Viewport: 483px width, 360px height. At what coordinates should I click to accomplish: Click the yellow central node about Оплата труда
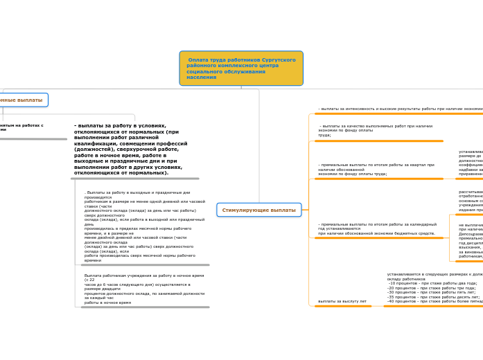(240, 68)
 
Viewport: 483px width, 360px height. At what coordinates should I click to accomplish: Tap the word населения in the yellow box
(201, 78)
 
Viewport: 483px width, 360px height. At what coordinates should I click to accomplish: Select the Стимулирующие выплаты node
(258, 210)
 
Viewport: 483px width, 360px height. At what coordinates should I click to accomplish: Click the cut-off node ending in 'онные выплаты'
(21, 100)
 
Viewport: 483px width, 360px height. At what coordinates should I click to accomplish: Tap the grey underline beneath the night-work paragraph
(144, 307)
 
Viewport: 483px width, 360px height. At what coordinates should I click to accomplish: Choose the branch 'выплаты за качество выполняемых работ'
(375, 130)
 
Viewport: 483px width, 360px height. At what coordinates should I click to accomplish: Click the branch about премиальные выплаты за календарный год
(377, 228)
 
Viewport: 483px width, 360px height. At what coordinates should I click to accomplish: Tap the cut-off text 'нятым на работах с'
(21, 125)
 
